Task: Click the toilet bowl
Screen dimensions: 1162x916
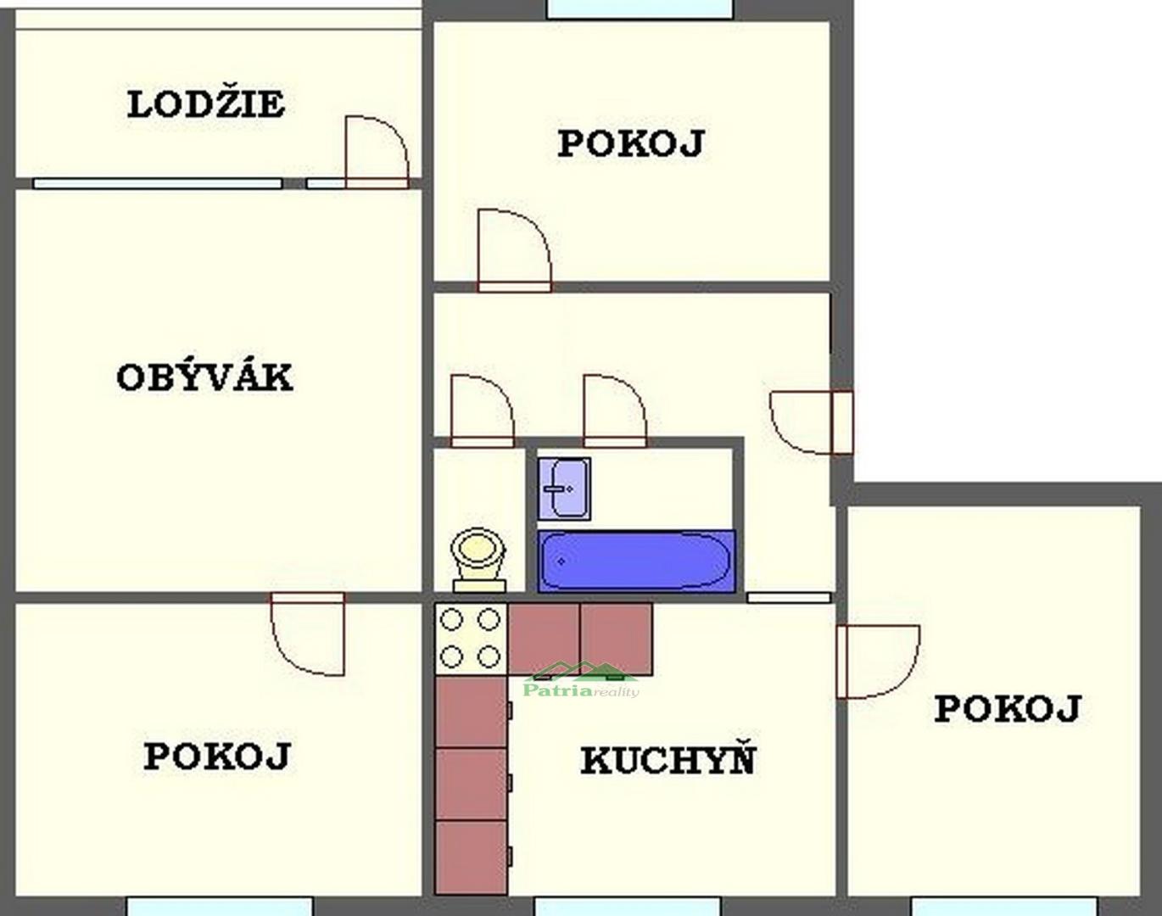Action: (479, 560)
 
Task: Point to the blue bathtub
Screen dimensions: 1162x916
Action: (636, 561)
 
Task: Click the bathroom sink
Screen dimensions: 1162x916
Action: (564, 489)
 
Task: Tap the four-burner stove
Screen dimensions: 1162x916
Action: (471, 639)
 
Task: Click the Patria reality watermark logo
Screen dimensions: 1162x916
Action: (581, 680)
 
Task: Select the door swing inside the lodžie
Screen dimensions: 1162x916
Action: (377, 152)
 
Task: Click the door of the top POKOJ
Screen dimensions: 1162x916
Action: (514, 250)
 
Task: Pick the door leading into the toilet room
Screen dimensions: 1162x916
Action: (482, 411)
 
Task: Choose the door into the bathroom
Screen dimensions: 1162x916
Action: (615, 411)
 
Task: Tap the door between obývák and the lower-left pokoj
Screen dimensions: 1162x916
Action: (308, 634)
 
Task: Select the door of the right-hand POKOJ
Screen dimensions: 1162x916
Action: (878, 662)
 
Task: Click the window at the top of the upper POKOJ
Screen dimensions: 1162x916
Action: (640, 9)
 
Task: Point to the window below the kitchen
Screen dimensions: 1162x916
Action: (628, 907)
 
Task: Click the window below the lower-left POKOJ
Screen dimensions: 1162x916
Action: (219, 907)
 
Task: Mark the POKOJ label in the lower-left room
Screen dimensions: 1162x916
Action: (217, 756)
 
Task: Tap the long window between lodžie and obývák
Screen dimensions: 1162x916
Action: (158, 184)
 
